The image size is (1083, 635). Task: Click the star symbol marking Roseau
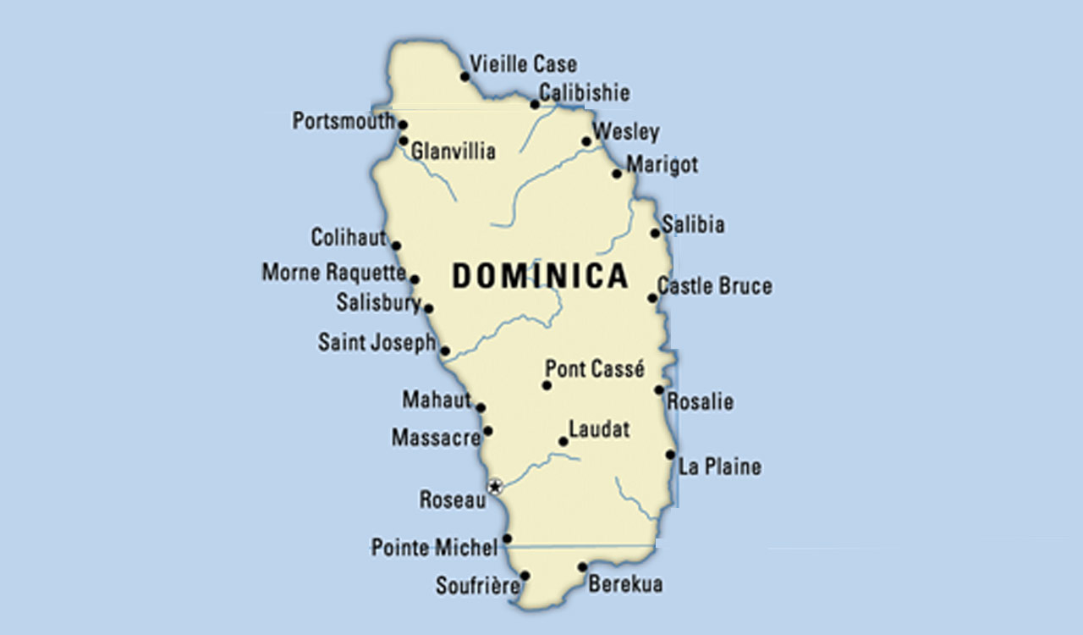(496, 486)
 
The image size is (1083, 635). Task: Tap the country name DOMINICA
(540, 276)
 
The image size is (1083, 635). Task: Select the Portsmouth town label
(343, 121)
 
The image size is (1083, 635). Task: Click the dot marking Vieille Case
(465, 76)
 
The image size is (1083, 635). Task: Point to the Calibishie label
(584, 92)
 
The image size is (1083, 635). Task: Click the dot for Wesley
(586, 141)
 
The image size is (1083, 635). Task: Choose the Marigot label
(662, 164)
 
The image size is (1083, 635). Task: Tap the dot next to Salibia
(655, 233)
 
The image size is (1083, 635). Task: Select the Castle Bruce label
(714, 286)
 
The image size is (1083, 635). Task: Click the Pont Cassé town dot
(547, 385)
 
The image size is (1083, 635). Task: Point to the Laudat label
(599, 429)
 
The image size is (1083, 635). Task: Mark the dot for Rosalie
(658, 389)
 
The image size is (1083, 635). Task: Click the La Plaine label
(719, 467)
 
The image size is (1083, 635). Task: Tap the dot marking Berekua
(582, 567)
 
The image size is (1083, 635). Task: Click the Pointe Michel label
(434, 548)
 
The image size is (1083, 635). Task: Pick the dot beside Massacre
(487, 431)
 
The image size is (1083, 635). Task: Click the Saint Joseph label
(377, 342)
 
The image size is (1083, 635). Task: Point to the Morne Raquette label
(333, 273)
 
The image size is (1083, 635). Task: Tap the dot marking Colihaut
(396, 246)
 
